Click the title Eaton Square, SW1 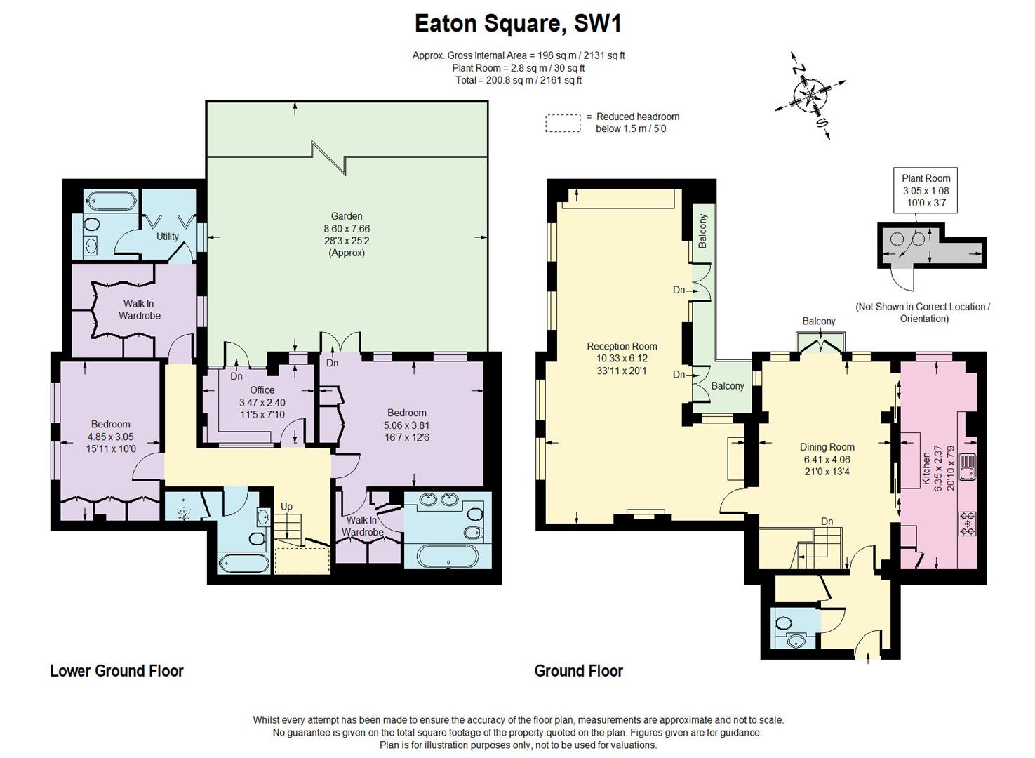pyautogui.click(x=518, y=24)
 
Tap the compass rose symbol pyautogui.click(x=810, y=95)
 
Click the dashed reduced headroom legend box pyautogui.click(x=563, y=124)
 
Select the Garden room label pyautogui.click(x=347, y=216)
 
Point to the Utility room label pyautogui.click(x=167, y=237)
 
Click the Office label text pyautogui.click(x=262, y=390)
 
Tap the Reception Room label pyautogui.click(x=622, y=346)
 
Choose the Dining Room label pyautogui.click(x=827, y=447)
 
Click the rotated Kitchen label pyautogui.click(x=926, y=468)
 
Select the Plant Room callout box pyautogui.click(x=926, y=190)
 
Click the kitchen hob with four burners pyautogui.click(x=968, y=523)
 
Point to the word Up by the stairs pyautogui.click(x=286, y=507)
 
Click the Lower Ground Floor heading pyautogui.click(x=116, y=671)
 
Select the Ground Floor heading pyautogui.click(x=578, y=671)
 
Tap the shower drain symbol pyautogui.click(x=185, y=512)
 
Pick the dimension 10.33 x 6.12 pyautogui.click(x=622, y=358)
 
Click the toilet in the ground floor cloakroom pyautogui.click(x=782, y=623)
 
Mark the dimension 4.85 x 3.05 pyautogui.click(x=111, y=437)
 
